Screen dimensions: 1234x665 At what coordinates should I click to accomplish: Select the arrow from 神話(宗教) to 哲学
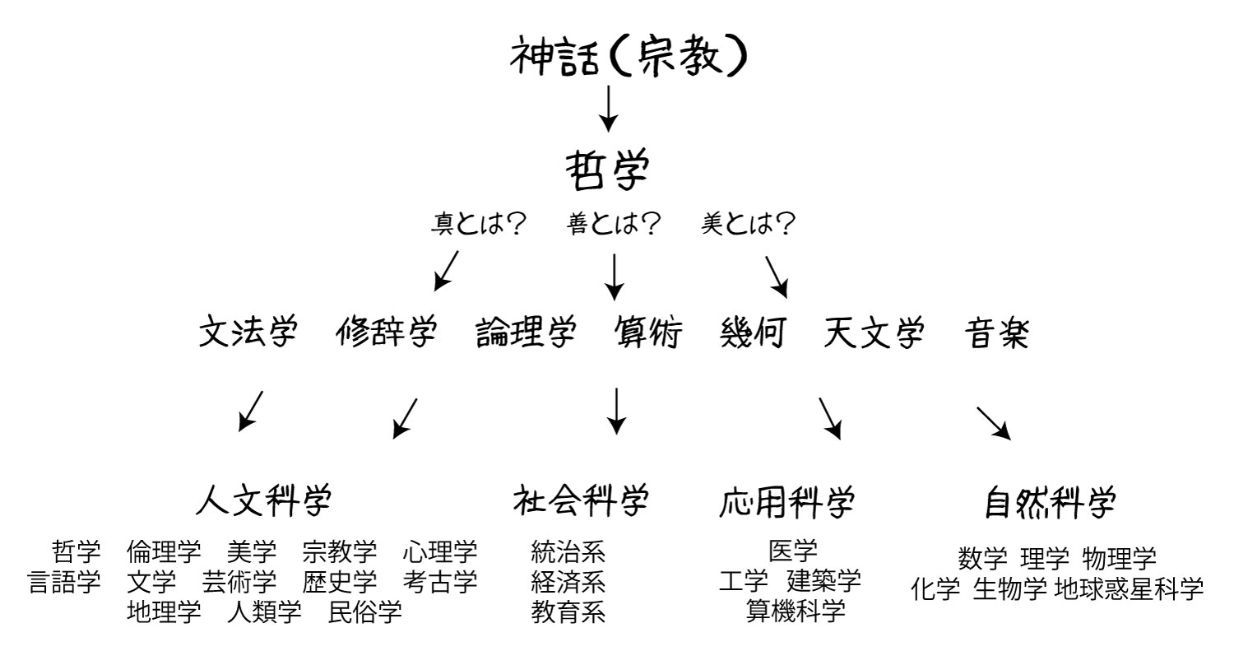[608, 109]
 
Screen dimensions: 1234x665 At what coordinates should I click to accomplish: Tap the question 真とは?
[478, 224]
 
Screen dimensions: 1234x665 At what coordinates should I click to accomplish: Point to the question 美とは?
[748, 224]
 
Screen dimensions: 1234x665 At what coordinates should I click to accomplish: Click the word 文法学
[248, 332]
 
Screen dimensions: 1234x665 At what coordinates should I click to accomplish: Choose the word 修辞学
[386, 332]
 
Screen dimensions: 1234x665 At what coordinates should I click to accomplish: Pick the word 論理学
[526, 332]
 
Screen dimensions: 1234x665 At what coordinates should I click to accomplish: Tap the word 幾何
[753, 332]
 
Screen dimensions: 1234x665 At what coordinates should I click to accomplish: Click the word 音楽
[996, 332]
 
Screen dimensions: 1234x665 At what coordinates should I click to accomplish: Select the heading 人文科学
[264, 501]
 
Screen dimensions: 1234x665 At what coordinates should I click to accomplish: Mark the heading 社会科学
[581, 501]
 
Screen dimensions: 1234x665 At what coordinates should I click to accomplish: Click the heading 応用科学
[786, 502]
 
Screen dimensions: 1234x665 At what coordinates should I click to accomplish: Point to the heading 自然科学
[1050, 502]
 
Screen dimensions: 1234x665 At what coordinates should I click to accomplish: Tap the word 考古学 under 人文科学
[439, 582]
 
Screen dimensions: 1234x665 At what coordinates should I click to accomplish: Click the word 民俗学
[364, 612]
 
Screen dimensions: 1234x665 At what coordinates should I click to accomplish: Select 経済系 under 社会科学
[568, 582]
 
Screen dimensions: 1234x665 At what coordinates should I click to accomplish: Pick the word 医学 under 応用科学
[793, 551]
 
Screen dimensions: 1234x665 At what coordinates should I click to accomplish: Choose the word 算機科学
[796, 611]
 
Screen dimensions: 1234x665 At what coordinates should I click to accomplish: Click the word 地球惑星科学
[1129, 589]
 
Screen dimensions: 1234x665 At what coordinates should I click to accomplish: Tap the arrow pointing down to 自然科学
[994, 424]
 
